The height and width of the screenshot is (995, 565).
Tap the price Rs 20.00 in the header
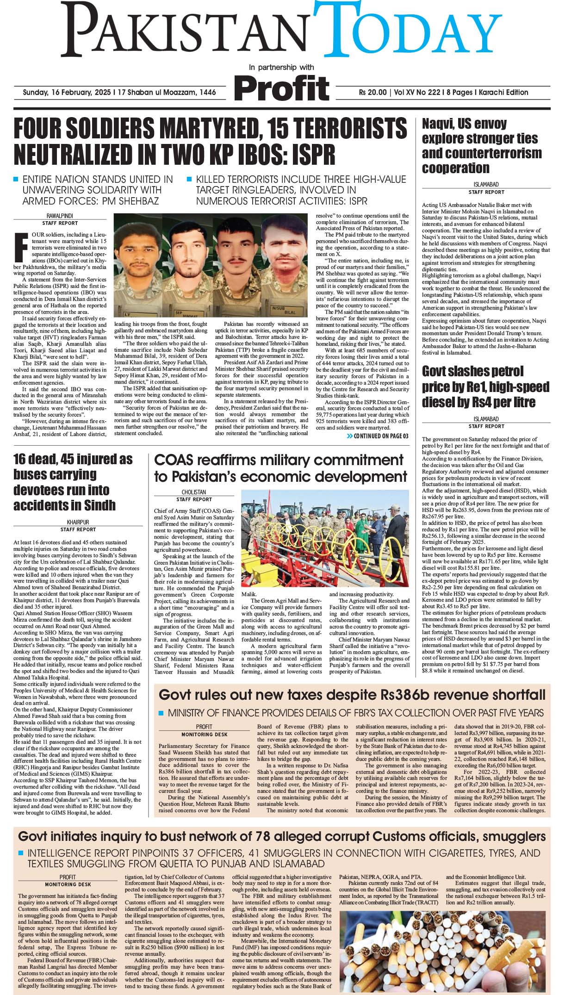point(373,92)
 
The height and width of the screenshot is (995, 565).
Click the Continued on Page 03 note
point(377,436)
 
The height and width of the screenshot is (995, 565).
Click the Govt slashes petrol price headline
point(485,386)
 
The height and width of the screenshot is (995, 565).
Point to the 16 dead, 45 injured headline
point(73,482)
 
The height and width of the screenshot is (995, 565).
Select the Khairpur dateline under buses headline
point(78,522)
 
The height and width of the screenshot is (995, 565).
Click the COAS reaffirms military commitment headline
point(280,468)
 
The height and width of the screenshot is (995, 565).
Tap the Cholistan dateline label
point(194,492)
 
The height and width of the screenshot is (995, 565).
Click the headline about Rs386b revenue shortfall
point(352,695)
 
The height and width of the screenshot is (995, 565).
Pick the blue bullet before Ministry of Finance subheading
point(161,713)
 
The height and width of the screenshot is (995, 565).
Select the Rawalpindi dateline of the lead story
point(60,216)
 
